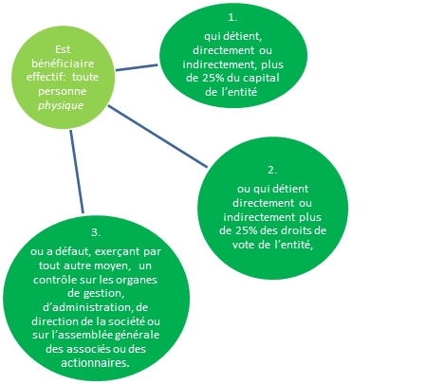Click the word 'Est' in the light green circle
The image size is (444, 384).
[x=63, y=49]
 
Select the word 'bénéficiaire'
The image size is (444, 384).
[x=63, y=64]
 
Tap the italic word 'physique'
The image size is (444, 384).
[x=61, y=105]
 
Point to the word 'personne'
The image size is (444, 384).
[x=63, y=91]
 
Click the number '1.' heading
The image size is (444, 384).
[x=232, y=18]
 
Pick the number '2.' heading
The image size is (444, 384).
[x=272, y=170]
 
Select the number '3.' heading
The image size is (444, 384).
[x=96, y=232]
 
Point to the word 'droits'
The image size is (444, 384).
[x=297, y=230]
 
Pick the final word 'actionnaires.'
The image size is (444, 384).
[x=95, y=363]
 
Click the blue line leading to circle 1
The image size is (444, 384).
[x=137, y=67]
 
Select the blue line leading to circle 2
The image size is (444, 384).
[x=157, y=136]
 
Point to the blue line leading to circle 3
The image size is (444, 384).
[x=77, y=172]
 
